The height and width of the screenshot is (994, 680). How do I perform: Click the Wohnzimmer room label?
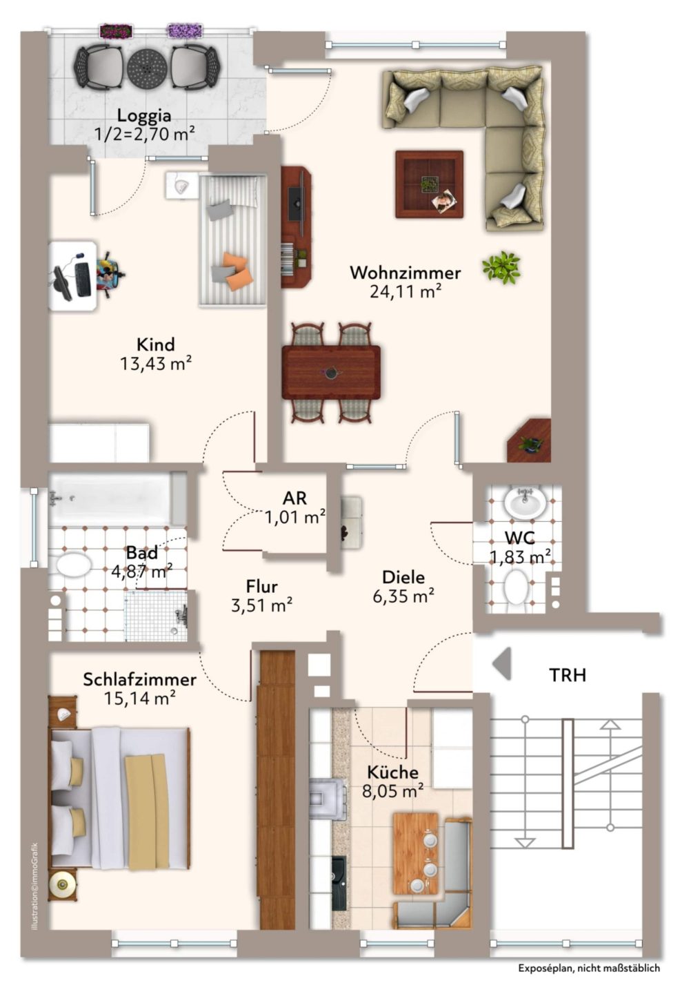[x=405, y=273]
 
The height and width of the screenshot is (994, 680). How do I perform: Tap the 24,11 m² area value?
[x=405, y=291]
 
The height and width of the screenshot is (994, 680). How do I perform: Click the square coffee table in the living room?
[x=429, y=184]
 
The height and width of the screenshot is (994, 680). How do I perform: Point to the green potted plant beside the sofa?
[x=501, y=266]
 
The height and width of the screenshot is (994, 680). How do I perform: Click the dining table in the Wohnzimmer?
[x=331, y=372]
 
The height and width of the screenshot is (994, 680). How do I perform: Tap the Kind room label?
[x=156, y=345]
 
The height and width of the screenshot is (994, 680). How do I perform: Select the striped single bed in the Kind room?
[x=232, y=240]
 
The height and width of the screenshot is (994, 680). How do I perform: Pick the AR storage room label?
[x=294, y=498]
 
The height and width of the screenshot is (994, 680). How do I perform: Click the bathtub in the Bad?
[x=117, y=499]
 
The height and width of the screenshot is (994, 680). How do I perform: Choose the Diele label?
[x=403, y=577]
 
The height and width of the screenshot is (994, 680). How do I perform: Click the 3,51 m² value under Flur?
[x=261, y=605]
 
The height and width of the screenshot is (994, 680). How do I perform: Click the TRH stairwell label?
[x=568, y=675]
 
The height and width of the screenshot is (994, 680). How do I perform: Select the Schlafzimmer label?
[x=139, y=679]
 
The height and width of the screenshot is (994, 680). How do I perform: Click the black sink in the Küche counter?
[x=339, y=883]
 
